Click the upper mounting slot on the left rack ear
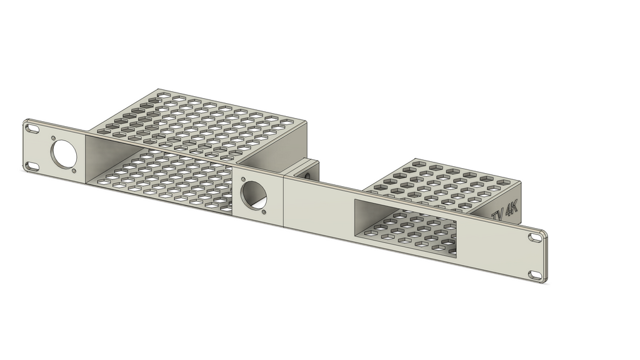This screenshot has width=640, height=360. pyautogui.click(x=31, y=129)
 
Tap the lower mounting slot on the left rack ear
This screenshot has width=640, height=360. pyautogui.click(x=31, y=166)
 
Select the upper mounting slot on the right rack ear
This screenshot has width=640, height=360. pyautogui.click(x=534, y=237)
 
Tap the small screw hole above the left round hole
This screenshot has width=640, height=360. pyautogui.click(x=54, y=138)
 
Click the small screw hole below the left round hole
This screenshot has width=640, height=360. pyautogui.click(x=74, y=171)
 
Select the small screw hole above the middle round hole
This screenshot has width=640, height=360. pyautogui.click(x=243, y=179)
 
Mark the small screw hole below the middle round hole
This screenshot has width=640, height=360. pyautogui.click(x=264, y=212)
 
